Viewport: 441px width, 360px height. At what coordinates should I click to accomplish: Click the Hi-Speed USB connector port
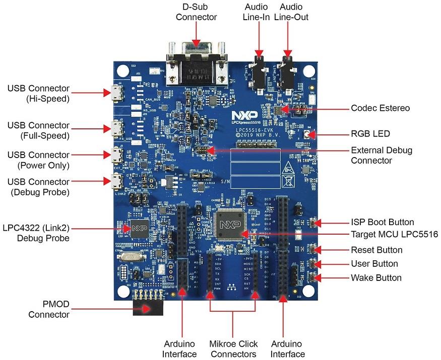[117, 92]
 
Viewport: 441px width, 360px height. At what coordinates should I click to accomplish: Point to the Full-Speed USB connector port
[117, 126]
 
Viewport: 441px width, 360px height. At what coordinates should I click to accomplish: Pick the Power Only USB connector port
[117, 154]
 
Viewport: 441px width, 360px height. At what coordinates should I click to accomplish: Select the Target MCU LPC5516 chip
[230, 224]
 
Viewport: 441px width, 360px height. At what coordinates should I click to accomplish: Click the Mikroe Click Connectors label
[233, 349]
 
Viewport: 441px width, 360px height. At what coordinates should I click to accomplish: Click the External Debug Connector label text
[382, 155]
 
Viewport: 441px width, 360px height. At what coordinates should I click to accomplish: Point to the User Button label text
[374, 264]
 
